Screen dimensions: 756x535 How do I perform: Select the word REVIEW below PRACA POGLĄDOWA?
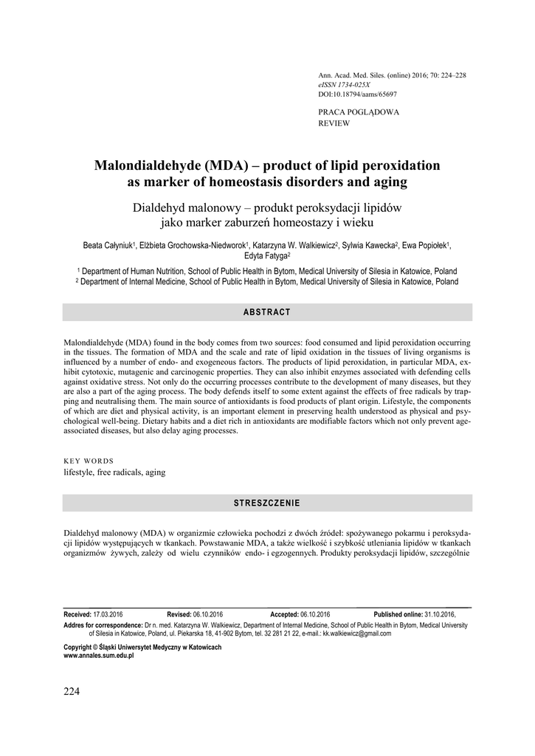point(334,123)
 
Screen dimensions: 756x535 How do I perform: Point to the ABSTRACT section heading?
point(267,312)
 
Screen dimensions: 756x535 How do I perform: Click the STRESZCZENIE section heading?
point(267,503)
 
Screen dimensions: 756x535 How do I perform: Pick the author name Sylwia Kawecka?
point(370,245)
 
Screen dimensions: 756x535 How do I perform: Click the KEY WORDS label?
point(89,461)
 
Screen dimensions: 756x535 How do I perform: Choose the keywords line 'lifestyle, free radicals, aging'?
point(114,472)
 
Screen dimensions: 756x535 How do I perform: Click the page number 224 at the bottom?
point(72,691)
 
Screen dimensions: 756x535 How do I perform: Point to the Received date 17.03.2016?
point(108,614)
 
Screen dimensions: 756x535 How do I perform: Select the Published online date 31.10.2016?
point(440,614)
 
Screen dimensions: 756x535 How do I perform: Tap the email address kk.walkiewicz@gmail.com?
point(352,633)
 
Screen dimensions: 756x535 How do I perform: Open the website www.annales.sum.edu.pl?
point(99,655)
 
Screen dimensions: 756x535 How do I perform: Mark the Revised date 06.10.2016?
point(207,614)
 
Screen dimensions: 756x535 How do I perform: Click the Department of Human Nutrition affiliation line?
point(267,271)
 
